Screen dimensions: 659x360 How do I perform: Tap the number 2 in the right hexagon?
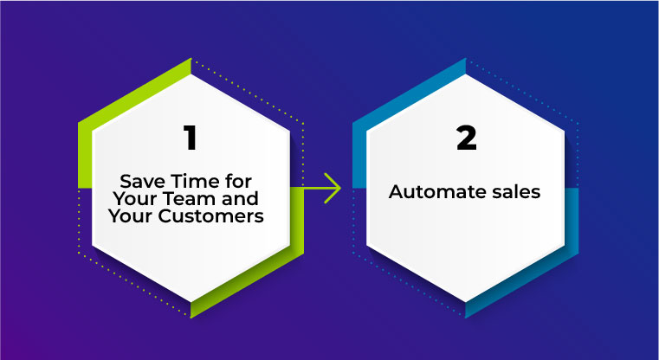point(467,138)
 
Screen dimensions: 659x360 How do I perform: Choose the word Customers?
point(210,216)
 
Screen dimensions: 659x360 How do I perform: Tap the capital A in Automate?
point(397,192)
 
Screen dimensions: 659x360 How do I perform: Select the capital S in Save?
point(126,182)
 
